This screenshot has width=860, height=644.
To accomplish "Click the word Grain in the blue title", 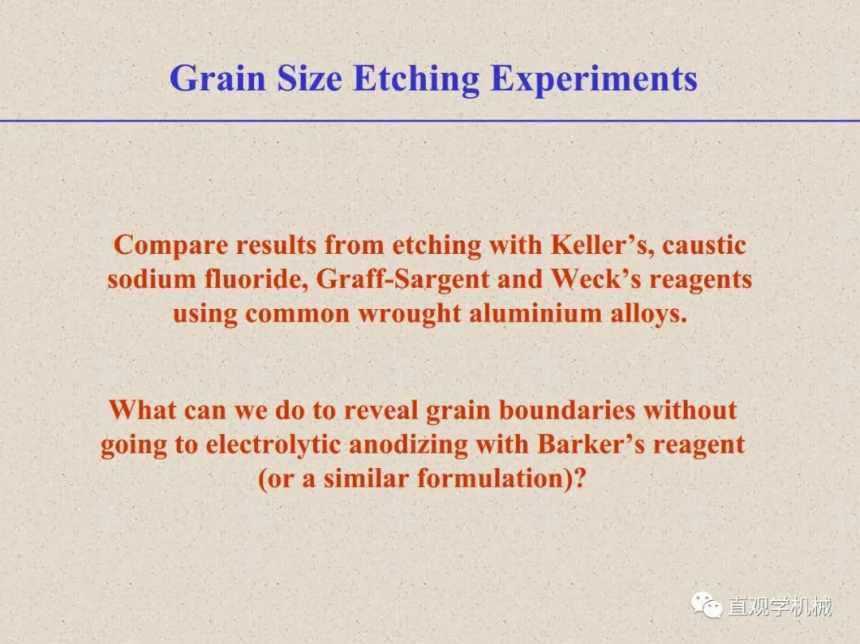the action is tap(217, 78).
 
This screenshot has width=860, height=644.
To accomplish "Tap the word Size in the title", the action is tap(309, 78).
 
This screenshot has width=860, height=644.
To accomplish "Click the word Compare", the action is tap(170, 245).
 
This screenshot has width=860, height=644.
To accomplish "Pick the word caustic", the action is tap(704, 245).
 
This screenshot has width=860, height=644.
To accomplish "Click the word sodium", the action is tap(152, 279).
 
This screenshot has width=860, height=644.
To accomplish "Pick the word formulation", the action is tap(491, 478).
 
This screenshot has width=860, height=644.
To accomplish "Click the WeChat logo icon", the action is tap(707, 606).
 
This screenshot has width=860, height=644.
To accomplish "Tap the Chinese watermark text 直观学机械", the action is tap(780, 607).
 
